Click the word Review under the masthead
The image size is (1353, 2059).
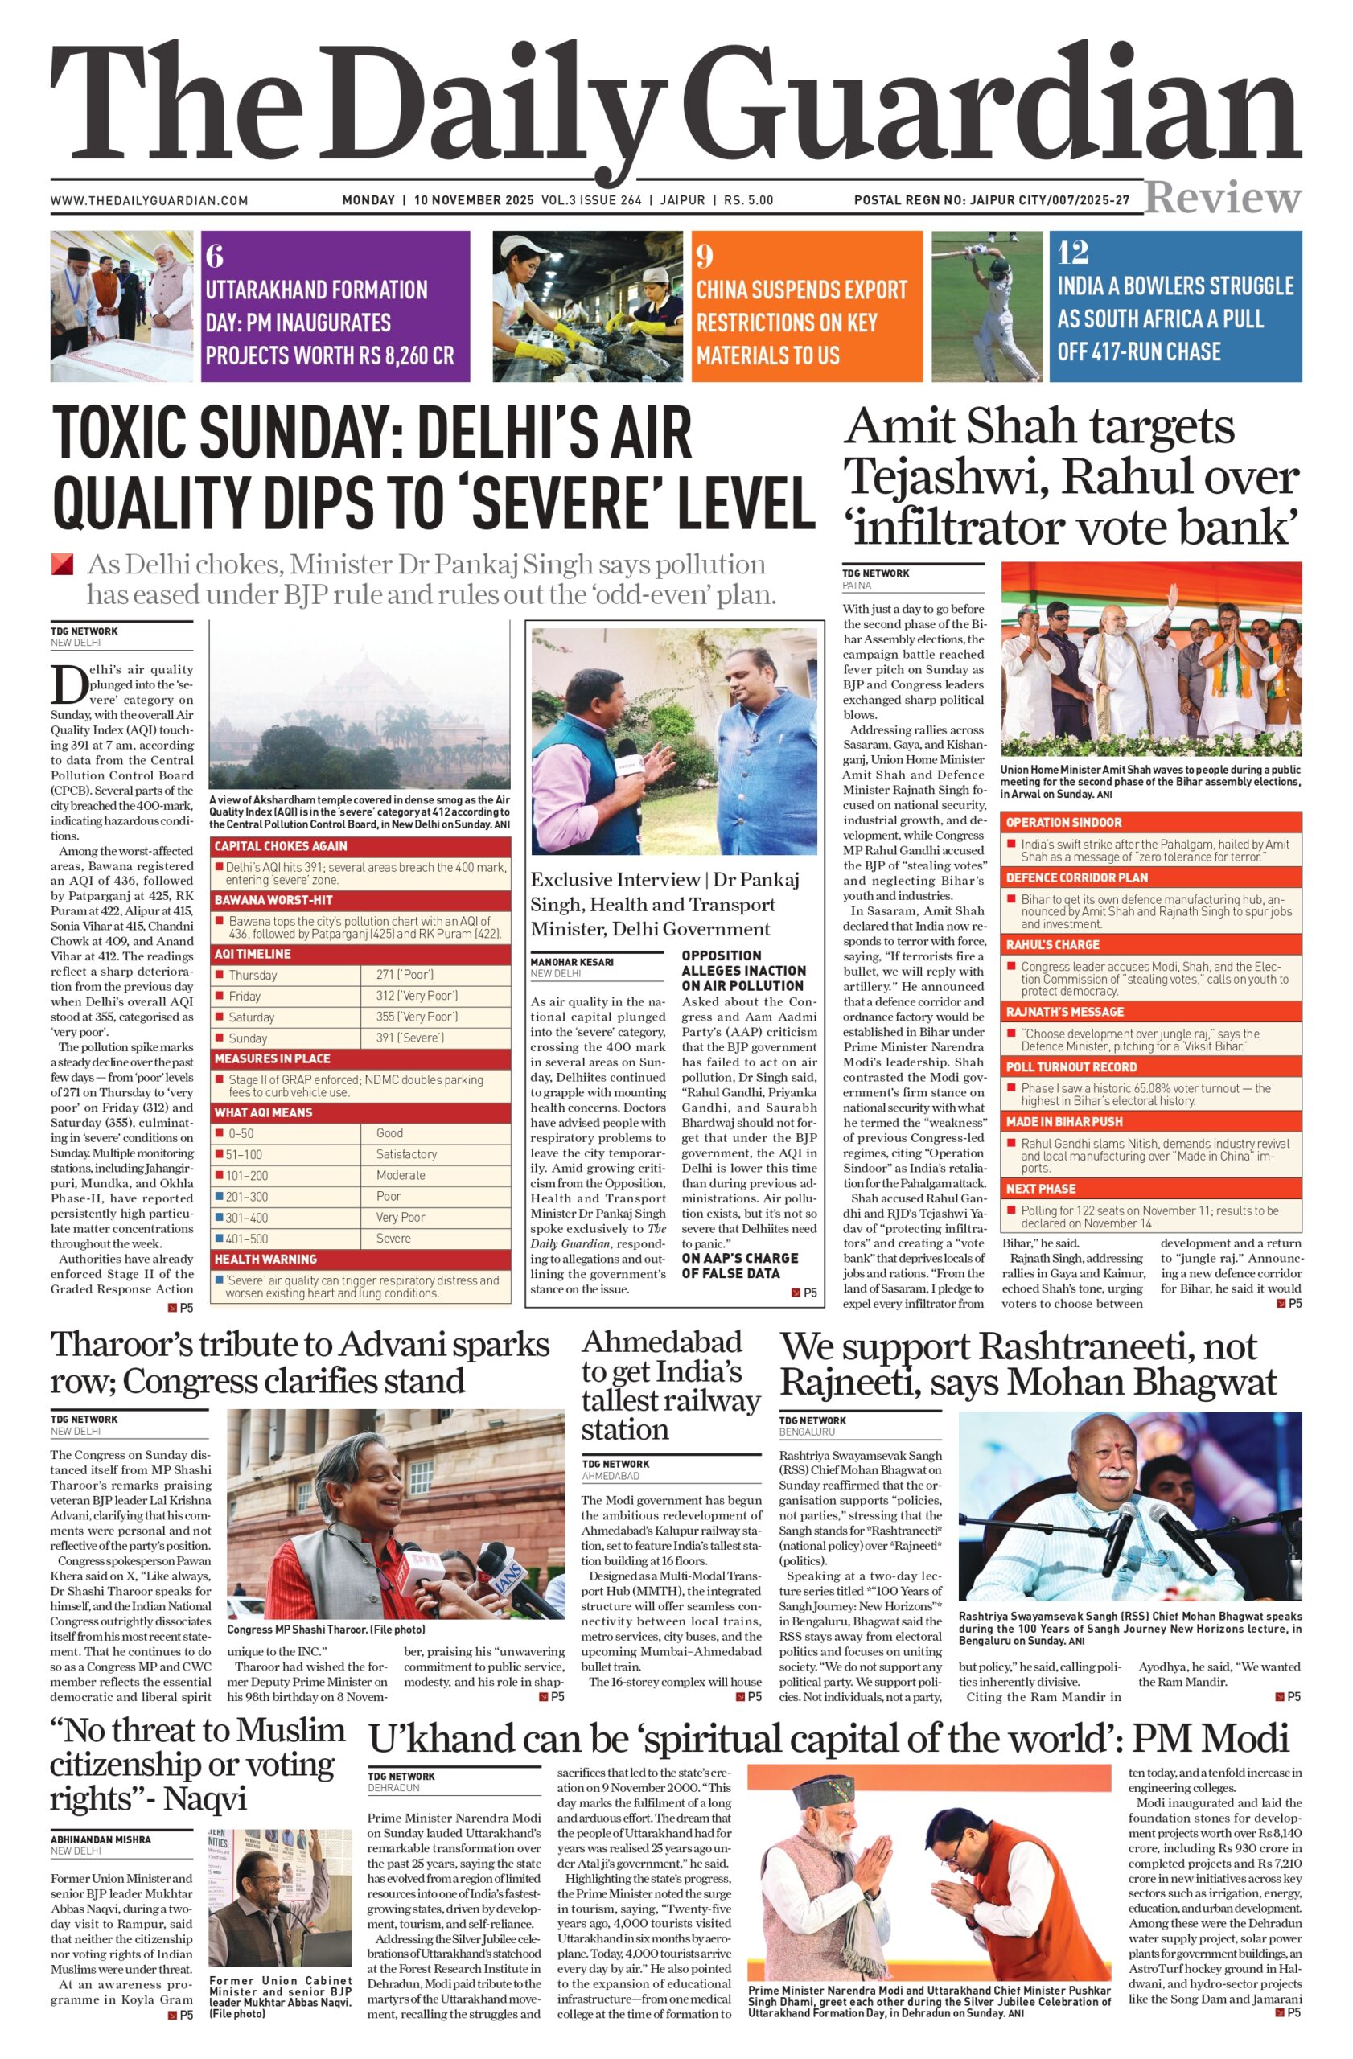point(1223,198)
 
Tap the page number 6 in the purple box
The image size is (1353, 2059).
point(216,256)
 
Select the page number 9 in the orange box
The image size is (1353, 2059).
point(705,256)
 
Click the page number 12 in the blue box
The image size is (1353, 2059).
point(1073,253)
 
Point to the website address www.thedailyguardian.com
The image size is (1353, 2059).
point(149,201)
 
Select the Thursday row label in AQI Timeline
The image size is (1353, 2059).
point(253,975)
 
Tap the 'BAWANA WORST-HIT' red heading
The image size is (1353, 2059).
point(273,900)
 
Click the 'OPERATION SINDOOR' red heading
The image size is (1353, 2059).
point(1063,822)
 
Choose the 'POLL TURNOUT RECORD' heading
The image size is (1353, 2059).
point(1071,1066)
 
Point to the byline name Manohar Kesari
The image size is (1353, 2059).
point(572,962)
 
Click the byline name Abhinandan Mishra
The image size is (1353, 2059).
point(101,1839)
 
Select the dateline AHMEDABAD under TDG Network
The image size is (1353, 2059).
point(610,1475)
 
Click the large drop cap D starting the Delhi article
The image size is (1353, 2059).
point(67,685)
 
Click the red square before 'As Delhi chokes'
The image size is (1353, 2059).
point(62,565)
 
